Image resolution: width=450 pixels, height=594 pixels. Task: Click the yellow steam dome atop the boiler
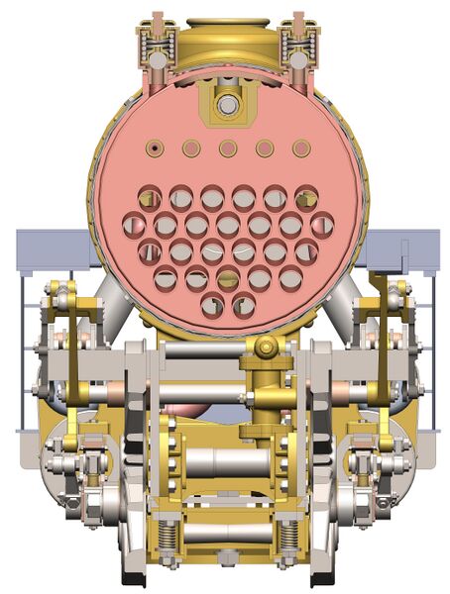[227, 38]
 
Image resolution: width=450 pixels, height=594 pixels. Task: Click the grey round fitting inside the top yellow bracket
[227, 103]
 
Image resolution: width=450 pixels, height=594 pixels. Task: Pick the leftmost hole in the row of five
[154, 148]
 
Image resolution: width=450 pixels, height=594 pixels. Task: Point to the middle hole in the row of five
[227, 148]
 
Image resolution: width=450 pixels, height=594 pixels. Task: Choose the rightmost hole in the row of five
[300, 148]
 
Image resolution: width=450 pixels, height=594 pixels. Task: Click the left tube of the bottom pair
[212, 306]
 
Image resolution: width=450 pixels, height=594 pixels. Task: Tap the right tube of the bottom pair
[243, 306]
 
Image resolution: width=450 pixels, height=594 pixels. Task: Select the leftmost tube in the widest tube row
[134, 225]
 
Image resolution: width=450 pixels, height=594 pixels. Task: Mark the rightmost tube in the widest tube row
[321, 225]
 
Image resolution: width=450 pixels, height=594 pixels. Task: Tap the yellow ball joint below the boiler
[266, 347]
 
